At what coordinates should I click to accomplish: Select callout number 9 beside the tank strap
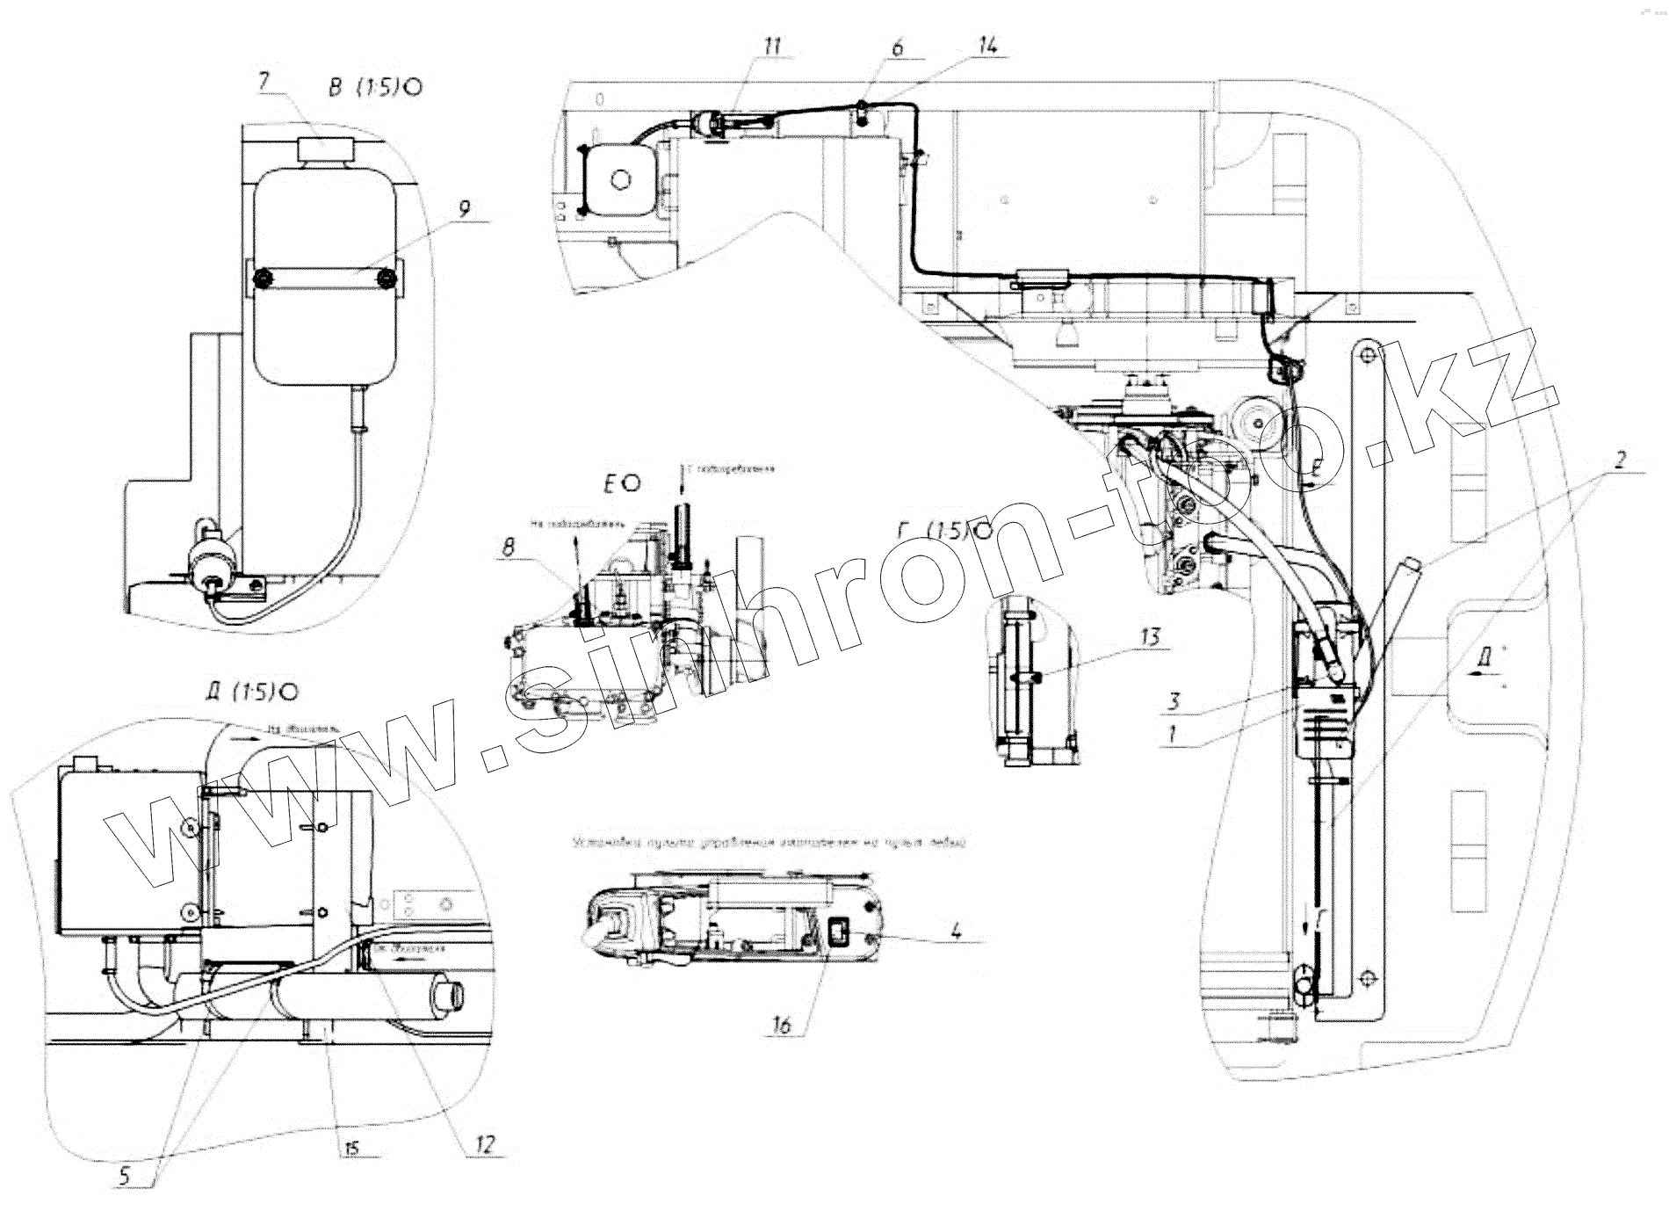point(465,208)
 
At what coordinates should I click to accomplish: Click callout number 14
point(987,47)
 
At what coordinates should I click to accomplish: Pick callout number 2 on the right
point(1621,459)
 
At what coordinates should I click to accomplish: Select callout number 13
point(1151,637)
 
